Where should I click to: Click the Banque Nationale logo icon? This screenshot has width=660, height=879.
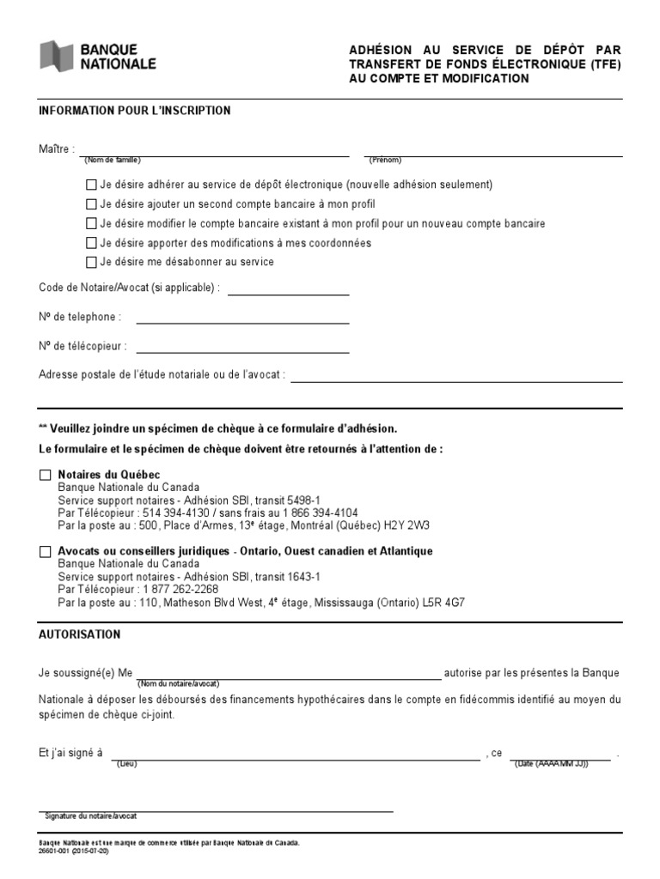pyautogui.click(x=57, y=57)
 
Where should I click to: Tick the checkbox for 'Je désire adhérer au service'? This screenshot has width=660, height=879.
pyautogui.click(x=91, y=185)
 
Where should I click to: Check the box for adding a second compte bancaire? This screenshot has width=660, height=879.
pyautogui.click(x=91, y=204)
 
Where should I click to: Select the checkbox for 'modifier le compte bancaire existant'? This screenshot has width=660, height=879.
pyautogui.click(x=91, y=223)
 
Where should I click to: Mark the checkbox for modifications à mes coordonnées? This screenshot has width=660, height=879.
pyautogui.click(x=91, y=243)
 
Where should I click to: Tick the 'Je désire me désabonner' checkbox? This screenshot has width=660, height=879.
pyautogui.click(x=91, y=262)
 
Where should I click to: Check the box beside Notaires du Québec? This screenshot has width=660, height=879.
pyautogui.click(x=46, y=476)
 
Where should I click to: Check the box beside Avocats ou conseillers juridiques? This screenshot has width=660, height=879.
pyautogui.click(x=46, y=552)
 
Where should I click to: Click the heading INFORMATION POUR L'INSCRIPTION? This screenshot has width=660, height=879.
pyautogui.click(x=135, y=111)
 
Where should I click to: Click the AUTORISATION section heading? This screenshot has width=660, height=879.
pyautogui.click(x=80, y=634)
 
